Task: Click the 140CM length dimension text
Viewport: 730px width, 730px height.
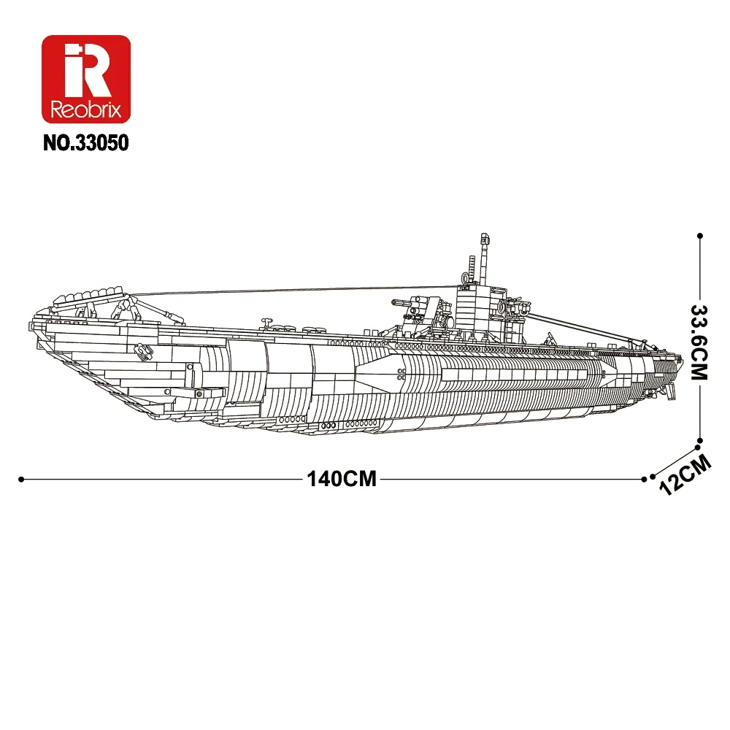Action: (342, 480)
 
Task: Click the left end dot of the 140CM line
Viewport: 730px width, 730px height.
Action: (21, 480)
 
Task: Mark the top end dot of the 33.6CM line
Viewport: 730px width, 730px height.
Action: (700, 235)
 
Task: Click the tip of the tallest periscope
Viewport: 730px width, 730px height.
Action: (482, 237)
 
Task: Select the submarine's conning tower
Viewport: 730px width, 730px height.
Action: (479, 307)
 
